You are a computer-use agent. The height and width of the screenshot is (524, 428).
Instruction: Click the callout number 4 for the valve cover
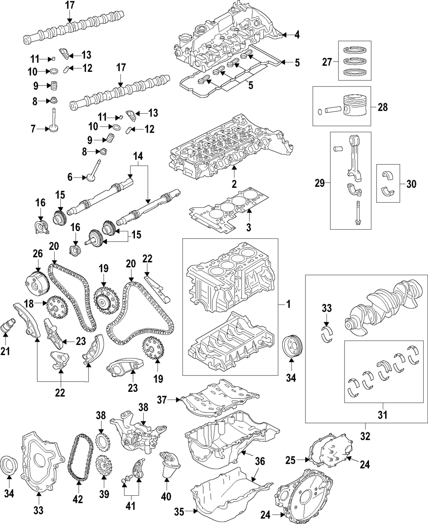(x=297, y=35)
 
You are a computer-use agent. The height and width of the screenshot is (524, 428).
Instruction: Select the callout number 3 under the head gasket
(x=249, y=227)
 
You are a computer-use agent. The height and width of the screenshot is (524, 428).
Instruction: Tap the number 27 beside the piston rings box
(x=327, y=62)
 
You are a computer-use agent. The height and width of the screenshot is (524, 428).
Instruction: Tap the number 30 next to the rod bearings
(x=411, y=184)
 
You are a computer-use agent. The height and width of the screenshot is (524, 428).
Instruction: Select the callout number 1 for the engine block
(x=288, y=304)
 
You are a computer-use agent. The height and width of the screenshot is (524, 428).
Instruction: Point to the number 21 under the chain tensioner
(x=5, y=351)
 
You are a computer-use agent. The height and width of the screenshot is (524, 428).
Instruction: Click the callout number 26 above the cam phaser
(x=38, y=254)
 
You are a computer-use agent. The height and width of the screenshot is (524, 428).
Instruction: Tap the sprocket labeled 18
(x=57, y=308)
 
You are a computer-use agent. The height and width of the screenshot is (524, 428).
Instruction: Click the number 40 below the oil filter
(x=166, y=496)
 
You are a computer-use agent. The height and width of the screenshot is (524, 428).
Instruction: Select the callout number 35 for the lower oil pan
(x=179, y=512)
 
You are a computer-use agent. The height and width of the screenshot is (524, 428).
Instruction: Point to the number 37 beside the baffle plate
(x=162, y=400)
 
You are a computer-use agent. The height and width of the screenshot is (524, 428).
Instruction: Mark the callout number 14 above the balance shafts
(x=138, y=156)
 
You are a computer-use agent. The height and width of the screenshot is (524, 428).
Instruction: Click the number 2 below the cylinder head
(x=234, y=184)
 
